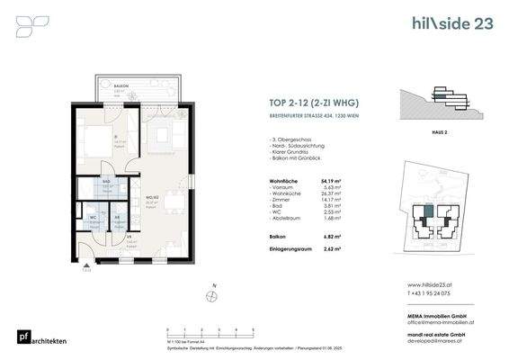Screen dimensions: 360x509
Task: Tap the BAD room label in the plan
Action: coord(105,181)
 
